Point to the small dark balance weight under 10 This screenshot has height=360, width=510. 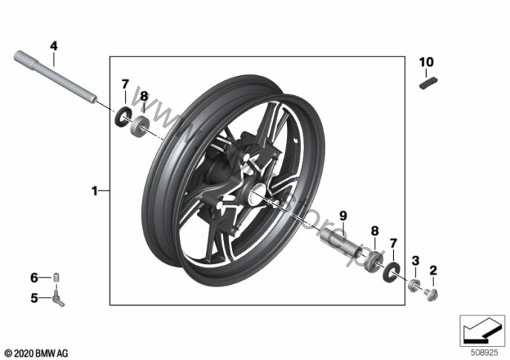pyautogui.click(x=427, y=83)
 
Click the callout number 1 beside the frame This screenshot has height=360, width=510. pyautogui.click(x=94, y=191)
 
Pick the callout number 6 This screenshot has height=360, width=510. pyautogui.click(x=33, y=277)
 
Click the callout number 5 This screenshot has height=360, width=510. pyautogui.click(x=33, y=299)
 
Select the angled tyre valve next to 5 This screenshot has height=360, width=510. pyautogui.click(x=58, y=299)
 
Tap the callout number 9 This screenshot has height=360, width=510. pyautogui.click(x=343, y=216)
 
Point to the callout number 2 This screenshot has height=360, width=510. pyautogui.click(x=433, y=271)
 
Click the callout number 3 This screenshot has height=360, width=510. pyautogui.click(x=416, y=260)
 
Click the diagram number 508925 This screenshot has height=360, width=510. pyautogui.click(x=482, y=350)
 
